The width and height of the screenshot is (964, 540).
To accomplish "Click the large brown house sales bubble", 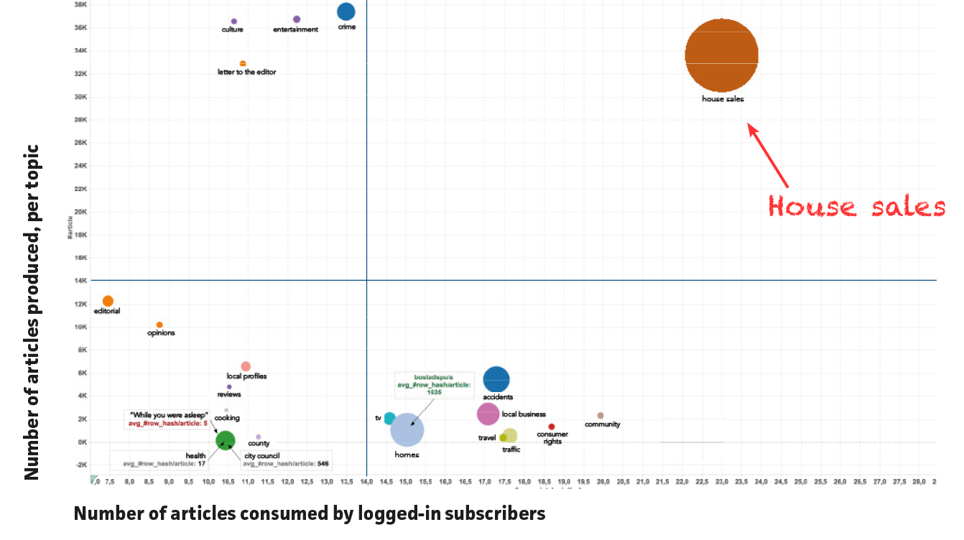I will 721,55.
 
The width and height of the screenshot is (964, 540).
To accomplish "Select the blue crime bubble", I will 346,11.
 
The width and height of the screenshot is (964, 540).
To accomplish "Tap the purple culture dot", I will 234,22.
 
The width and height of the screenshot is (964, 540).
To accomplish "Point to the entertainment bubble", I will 297,19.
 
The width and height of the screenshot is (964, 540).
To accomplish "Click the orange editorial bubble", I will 108,301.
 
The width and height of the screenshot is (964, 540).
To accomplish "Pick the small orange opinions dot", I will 159,325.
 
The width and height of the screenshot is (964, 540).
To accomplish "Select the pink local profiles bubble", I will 246,367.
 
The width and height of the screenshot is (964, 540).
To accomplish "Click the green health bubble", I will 226,440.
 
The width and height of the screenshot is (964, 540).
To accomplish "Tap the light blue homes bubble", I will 407,430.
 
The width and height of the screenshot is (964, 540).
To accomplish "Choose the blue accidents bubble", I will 496,379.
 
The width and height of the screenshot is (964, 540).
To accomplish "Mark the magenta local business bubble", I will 488,414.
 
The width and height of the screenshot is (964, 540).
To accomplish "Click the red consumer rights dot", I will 552,427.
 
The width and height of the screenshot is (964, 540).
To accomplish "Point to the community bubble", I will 601,416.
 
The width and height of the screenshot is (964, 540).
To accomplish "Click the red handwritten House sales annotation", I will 856,207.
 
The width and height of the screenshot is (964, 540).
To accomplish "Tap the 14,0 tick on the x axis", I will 366,481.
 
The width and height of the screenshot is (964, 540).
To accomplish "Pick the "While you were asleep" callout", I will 169,419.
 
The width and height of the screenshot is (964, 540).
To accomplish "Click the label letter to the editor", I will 246,72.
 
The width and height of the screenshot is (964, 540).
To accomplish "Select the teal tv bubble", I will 389,418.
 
